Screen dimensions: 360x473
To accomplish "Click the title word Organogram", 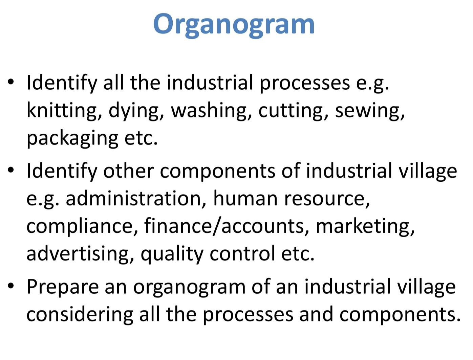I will pos(234,24).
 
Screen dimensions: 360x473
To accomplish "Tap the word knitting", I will pos(62,110).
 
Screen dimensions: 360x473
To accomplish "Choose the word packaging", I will pos(72,138).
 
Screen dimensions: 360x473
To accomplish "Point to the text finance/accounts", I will pos(224,226).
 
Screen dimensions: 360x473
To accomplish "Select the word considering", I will pos(79,315).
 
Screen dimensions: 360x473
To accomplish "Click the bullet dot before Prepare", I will pos(11,286).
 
